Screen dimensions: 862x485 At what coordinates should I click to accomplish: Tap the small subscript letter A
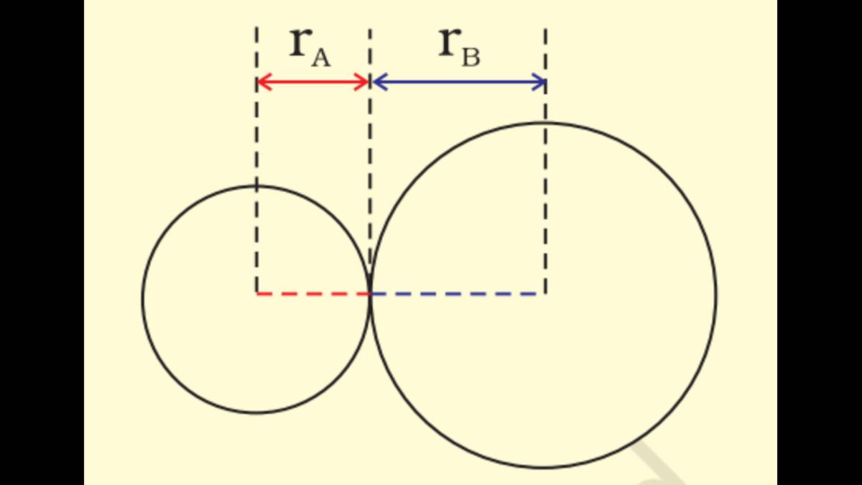[x=320, y=57]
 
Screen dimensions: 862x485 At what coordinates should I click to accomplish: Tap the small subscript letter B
[x=470, y=57]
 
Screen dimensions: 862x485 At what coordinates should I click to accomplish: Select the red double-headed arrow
[x=313, y=82]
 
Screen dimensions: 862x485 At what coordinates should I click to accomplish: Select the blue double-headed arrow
[x=458, y=82]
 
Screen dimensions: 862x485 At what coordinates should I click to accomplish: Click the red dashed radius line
[x=313, y=293]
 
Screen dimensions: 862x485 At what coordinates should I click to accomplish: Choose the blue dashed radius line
[x=458, y=293]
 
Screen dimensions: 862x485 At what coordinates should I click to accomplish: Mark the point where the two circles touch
[x=371, y=293]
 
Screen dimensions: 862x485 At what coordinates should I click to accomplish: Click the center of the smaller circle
[x=256, y=293]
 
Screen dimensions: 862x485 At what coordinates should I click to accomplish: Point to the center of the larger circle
[x=545, y=293]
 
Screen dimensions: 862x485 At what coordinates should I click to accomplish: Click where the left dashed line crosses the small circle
[x=256, y=186]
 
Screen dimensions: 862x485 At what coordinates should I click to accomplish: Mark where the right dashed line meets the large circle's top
[x=545, y=123]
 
